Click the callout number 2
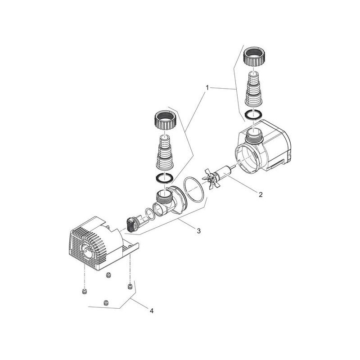tap(260, 195)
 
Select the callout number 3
tap(198, 231)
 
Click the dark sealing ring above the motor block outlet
tap(255, 113)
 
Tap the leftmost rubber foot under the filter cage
tap(84, 293)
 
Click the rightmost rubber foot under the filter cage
tap(130, 287)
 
